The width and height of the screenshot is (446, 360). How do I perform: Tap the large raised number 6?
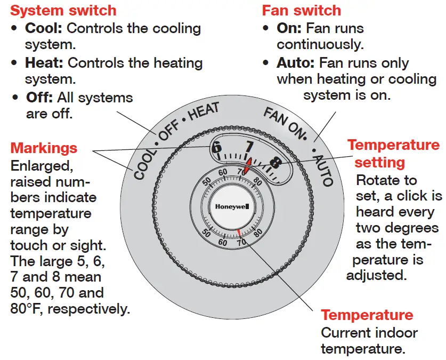216,148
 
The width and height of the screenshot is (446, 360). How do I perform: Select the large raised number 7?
249,147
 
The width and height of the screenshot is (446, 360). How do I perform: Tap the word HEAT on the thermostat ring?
203,114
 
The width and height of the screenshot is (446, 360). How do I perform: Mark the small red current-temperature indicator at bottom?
240,232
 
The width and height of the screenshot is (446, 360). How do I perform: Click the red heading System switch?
63,10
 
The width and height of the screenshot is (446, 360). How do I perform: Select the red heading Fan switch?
301,10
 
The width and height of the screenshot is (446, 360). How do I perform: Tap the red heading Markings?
44,148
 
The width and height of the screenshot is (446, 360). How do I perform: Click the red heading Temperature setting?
393,153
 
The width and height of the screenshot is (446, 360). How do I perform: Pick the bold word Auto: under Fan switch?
296,63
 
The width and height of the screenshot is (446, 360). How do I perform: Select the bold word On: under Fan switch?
289,28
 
